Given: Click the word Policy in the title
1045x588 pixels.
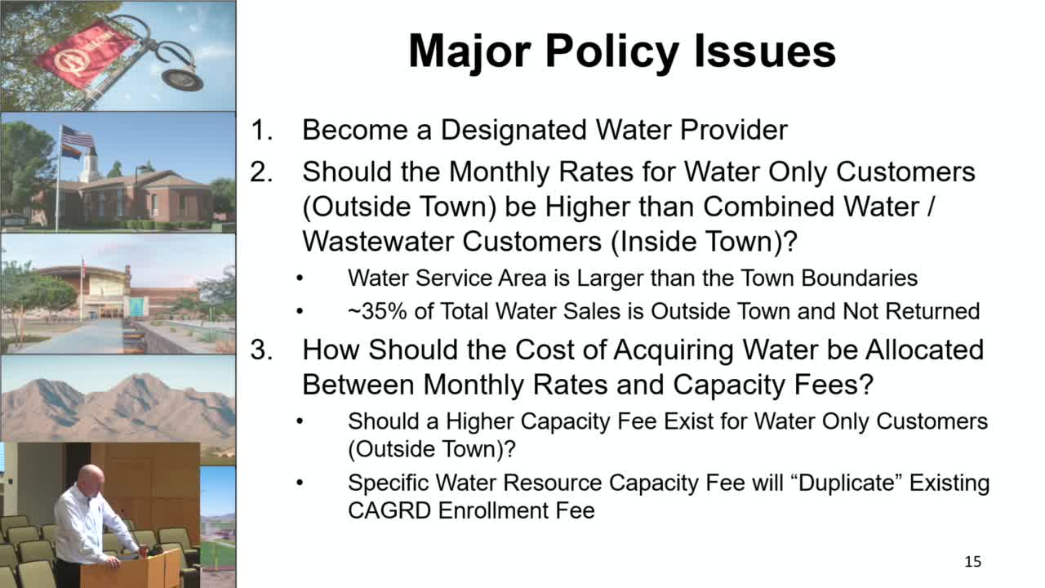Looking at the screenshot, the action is click(x=612, y=52).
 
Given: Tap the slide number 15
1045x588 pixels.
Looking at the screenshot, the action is click(x=972, y=561).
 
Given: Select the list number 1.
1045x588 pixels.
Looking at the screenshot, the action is click(x=262, y=130).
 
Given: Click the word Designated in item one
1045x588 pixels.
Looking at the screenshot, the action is click(x=514, y=130).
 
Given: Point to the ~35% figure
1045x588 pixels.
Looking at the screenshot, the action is click(x=377, y=311).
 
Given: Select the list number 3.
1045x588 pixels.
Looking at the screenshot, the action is click(x=262, y=350).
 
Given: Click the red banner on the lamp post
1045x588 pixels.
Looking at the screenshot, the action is click(x=83, y=53).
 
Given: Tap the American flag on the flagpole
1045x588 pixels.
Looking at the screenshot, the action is click(x=77, y=136).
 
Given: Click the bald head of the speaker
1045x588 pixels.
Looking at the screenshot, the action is click(x=91, y=476).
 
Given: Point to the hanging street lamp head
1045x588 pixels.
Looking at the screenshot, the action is click(x=182, y=80).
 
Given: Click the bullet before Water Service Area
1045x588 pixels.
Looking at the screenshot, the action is click(x=300, y=278).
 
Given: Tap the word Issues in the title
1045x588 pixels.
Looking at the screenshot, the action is click(x=765, y=51).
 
